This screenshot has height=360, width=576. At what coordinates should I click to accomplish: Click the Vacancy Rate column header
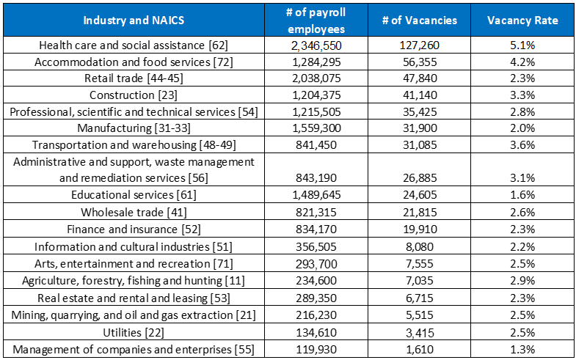(522, 21)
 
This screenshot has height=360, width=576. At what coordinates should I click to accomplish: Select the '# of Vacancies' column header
(420, 21)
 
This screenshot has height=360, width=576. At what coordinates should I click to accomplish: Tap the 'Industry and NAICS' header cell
(134, 21)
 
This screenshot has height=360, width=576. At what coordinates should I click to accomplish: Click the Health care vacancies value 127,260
(420, 45)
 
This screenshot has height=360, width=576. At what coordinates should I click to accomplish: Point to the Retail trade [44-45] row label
(134, 78)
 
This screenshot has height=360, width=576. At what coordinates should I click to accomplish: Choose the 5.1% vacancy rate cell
(522, 45)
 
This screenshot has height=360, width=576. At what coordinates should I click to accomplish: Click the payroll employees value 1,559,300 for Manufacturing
(317, 128)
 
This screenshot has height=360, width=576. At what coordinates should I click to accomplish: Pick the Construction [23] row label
(134, 95)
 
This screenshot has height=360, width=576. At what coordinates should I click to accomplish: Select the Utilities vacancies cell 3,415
(420, 333)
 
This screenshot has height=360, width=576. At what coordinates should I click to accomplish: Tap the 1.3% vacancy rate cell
(522, 350)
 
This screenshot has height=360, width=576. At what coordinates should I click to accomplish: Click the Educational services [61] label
(134, 195)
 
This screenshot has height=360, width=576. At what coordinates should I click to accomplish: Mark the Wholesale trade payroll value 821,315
(317, 213)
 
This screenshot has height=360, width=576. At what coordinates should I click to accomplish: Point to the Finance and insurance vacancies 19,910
(420, 229)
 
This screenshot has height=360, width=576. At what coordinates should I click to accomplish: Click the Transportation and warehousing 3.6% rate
(522, 145)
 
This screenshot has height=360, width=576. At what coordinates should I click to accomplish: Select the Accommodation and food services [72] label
(134, 62)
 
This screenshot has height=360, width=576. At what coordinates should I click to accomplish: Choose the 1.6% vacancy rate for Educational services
(522, 195)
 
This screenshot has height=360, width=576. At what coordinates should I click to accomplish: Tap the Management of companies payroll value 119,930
(317, 350)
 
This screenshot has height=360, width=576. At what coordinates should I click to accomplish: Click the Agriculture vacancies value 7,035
(420, 281)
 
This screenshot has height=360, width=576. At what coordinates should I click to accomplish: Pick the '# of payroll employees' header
(316, 21)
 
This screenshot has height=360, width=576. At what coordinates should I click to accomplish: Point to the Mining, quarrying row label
(134, 315)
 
